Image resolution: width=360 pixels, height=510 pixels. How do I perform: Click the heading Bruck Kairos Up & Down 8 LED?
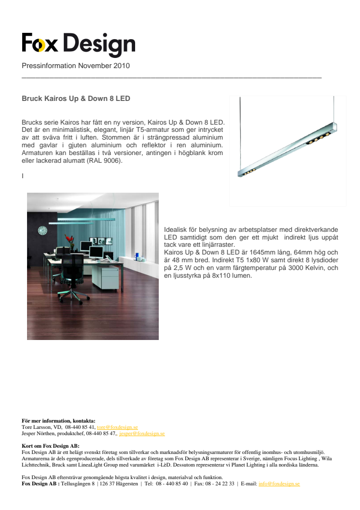(x=76, y=99)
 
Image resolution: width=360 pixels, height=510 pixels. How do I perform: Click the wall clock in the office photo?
(x=42, y=231)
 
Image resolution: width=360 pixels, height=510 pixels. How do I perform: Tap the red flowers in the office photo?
(x=69, y=239)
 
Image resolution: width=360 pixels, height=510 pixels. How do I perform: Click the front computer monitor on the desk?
(x=96, y=252)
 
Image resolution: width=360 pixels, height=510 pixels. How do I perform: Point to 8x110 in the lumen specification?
(x=222, y=276)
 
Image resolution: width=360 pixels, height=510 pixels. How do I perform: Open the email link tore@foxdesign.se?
(x=118, y=427)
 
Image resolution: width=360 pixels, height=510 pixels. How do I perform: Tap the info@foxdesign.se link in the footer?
(x=279, y=483)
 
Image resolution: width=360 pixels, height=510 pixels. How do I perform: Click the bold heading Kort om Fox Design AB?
(x=51, y=446)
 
